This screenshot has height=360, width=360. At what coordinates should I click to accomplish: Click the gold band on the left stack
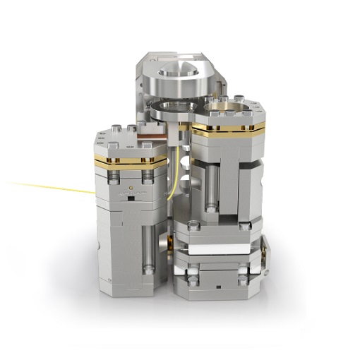130,162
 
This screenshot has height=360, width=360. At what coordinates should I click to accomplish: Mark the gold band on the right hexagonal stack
228,129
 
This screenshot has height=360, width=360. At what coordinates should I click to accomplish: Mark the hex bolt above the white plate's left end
192,229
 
